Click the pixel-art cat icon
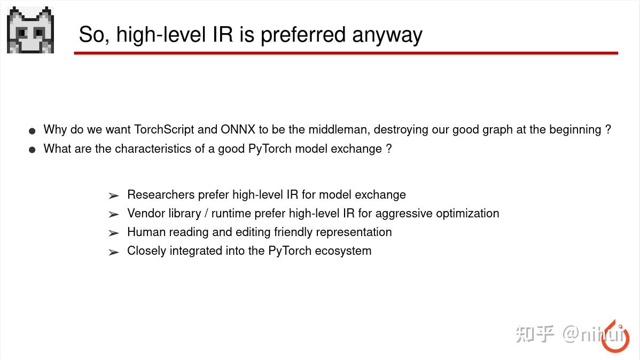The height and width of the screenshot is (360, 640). [30, 30]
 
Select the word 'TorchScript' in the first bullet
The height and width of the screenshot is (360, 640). [164, 129]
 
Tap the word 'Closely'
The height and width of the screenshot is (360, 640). [146, 251]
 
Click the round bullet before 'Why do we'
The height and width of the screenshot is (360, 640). [32, 130]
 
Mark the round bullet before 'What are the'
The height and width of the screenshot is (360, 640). [32, 150]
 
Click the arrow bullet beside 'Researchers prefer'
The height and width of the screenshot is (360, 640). [113, 195]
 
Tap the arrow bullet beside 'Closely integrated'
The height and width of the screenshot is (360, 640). [113, 252]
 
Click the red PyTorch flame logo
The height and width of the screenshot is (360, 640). [615, 338]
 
